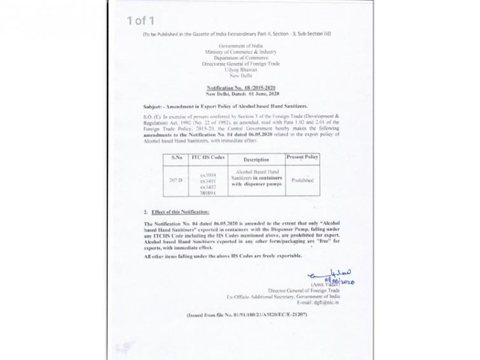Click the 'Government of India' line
coord(240,47)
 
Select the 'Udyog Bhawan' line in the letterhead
coord(240,70)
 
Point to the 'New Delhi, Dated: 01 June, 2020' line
coord(240,93)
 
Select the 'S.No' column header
coord(176,156)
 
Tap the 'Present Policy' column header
coord(302,156)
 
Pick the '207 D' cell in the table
coord(176,180)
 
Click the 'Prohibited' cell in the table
coord(302,180)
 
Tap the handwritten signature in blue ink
coord(331,275)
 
